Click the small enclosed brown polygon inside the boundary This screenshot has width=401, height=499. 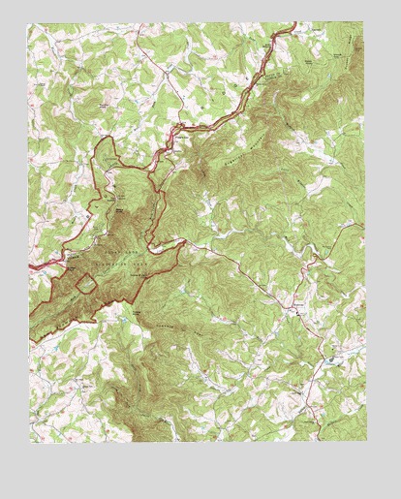(x=86, y=283)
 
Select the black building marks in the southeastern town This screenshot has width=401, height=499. (x=298, y=312)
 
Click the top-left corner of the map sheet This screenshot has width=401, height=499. (x=28, y=23)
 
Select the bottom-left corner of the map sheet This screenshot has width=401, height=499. (x=28, y=443)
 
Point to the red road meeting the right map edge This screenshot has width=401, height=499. (x=362, y=225)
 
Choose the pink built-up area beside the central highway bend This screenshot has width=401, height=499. (x=180, y=131)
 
